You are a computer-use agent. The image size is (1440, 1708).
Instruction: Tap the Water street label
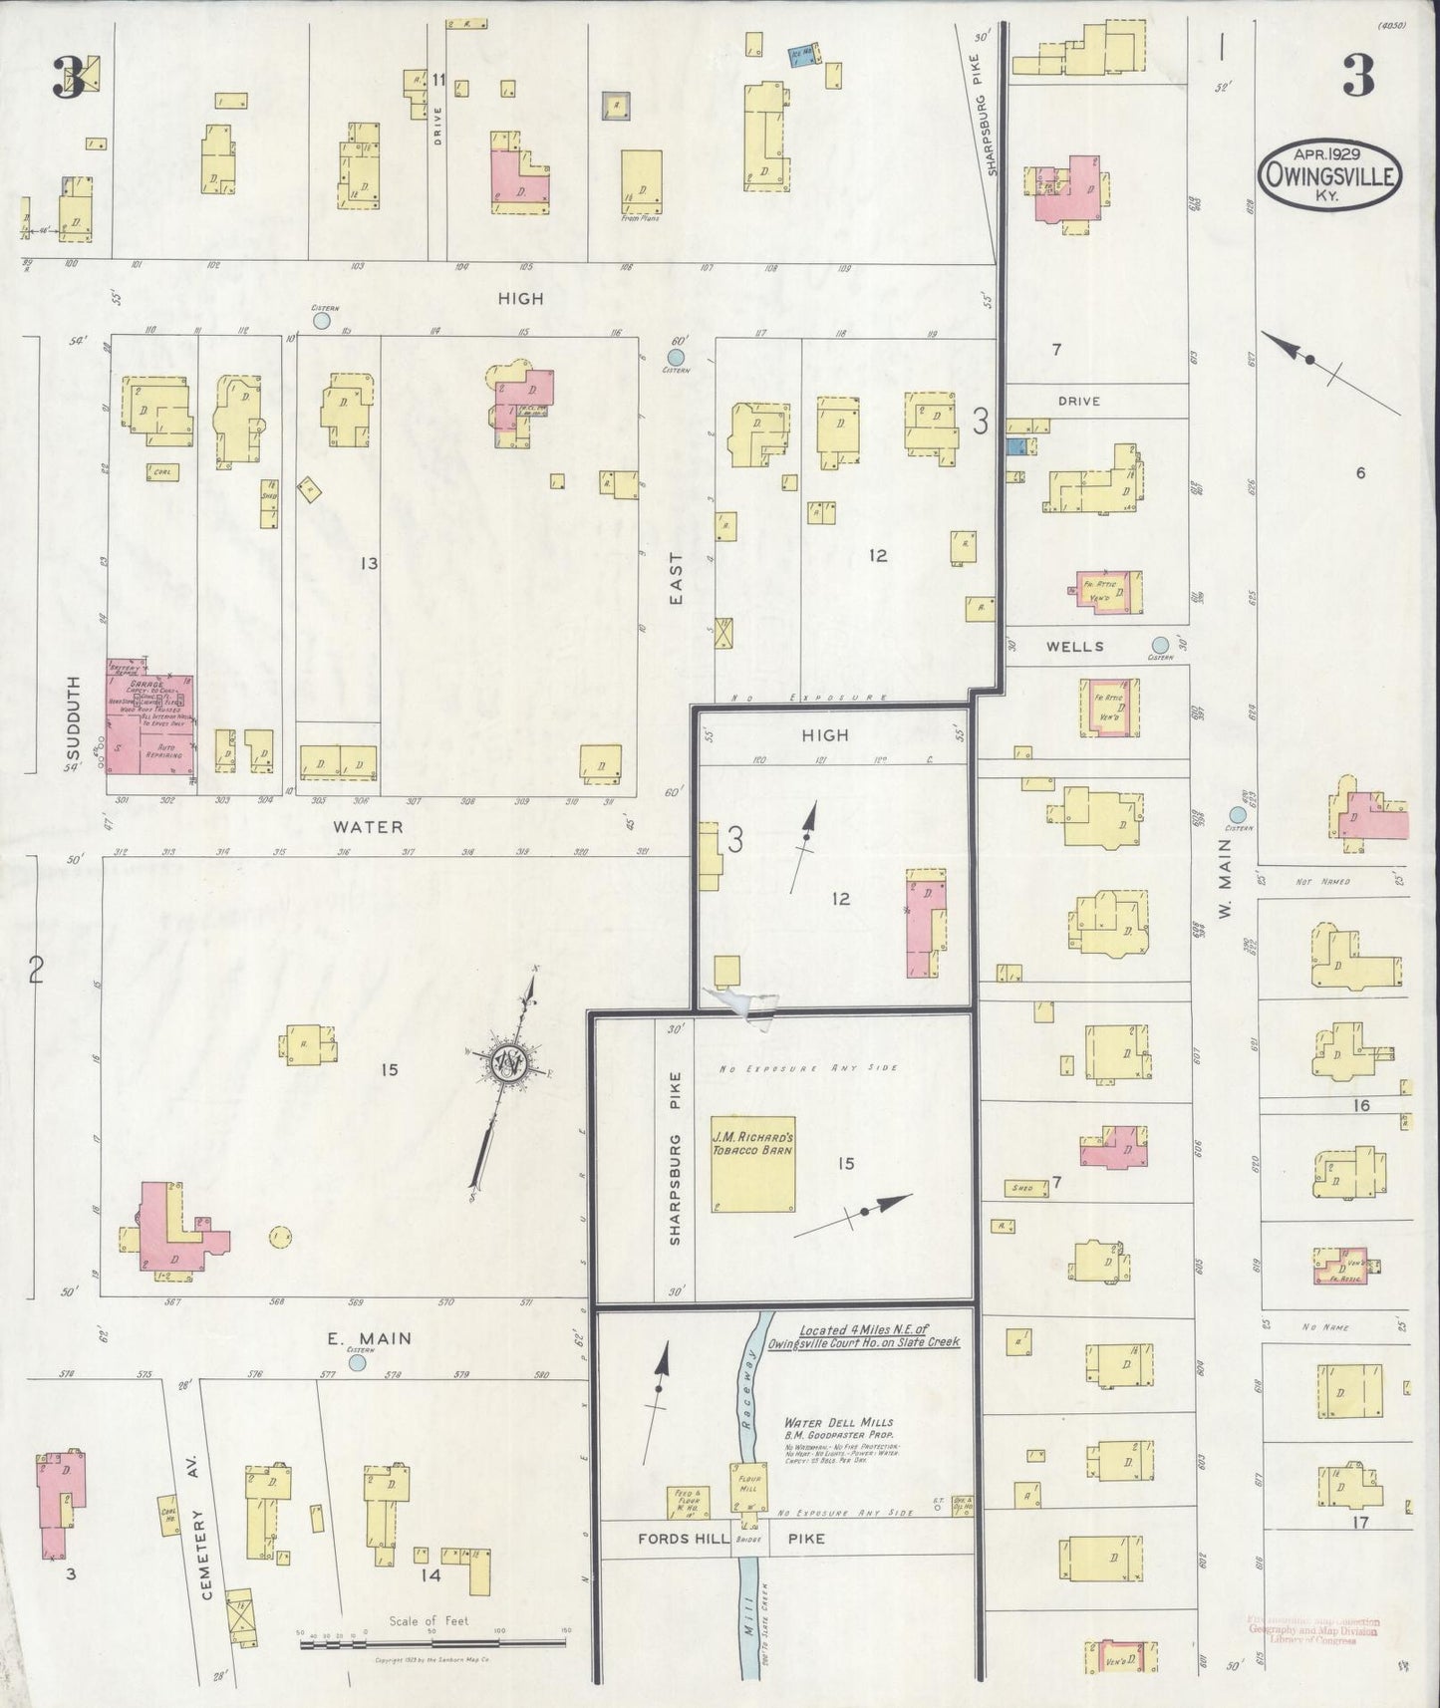click(368, 826)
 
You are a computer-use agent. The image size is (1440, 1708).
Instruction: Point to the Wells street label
click(1074, 646)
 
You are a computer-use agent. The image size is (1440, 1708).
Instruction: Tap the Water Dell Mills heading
click(838, 1422)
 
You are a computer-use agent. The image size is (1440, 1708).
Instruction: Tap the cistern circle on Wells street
click(1160, 644)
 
